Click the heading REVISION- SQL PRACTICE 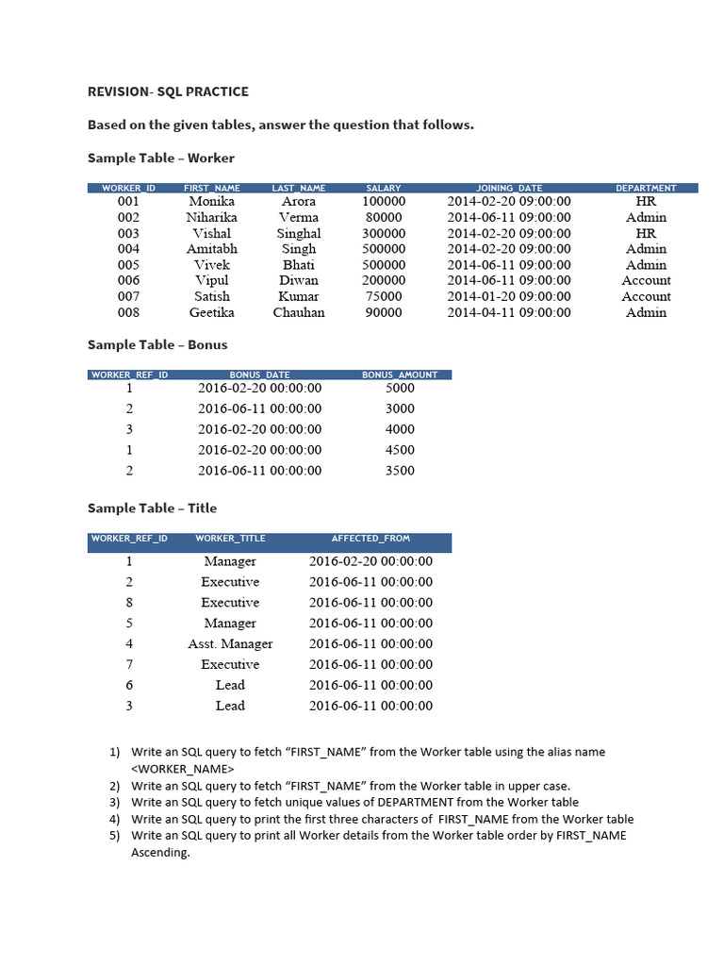click(168, 92)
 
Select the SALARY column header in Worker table click(384, 189)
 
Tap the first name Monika click(212, 201)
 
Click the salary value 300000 click(384, 233)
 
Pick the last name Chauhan click(299, 312)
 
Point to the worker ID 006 click(128, 280)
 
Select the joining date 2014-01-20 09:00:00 click(509, 296)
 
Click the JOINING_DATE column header click(509, 189)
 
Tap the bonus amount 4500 click(400, 450)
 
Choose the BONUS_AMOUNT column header click(400, 375)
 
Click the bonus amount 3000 click(400, 408)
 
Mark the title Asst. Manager click(230, 643)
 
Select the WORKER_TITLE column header click(230, 539)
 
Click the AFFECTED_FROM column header click(370, 539)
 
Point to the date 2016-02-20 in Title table click(370, 561)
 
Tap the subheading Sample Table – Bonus click(157, 345)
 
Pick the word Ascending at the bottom click(160, 853)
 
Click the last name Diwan click(299, 280)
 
